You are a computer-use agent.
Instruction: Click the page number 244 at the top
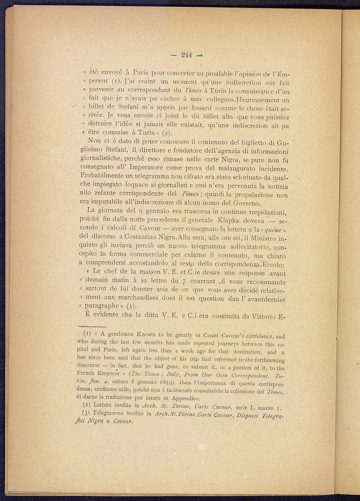click(187, 54)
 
